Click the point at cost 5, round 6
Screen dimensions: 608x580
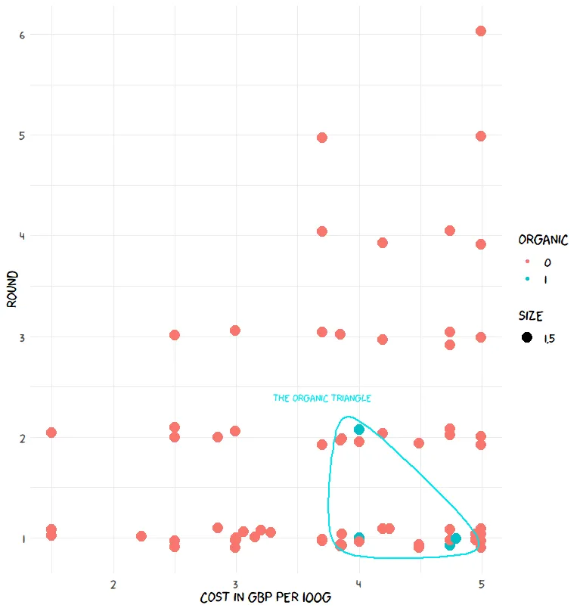pyautogui.click(x=480, y=31)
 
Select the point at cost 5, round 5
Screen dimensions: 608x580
pyautogui.click(x=480, y=136)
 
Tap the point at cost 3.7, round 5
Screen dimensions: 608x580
pyautogui.click(x=322, y=138)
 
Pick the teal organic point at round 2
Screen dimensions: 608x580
pyautogui.click(x=359, y=430)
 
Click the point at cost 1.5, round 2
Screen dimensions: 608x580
pyautogui.click(x=51, y=433)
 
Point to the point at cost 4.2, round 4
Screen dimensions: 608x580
pyautogui.click(x=383, y=243)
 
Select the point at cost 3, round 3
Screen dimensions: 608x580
pyautogui.click(x=235, y=330)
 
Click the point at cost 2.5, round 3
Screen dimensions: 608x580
pyautogui.click(x=175, y=335)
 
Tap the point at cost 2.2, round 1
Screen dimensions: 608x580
pyautogui.click(x=141, y=536)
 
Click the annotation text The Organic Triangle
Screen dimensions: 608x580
pyautogui.click(x=322, y=398)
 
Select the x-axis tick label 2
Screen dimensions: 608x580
pyautogui.click(x=113, y=585)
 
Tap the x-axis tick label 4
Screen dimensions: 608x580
pyautogui.click(x=358, y=585)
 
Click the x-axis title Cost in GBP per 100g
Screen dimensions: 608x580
pyautogui.click(x=265, y=598)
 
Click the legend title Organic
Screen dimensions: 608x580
pyautogui.click(x=543, y=240)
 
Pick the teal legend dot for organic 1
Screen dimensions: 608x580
pyautogui.click(x=527, y=280)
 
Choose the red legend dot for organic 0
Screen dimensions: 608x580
pyautogui.click(x=527, y=262)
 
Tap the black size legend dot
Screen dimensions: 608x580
pyautogui.click(x=527, y=337)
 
